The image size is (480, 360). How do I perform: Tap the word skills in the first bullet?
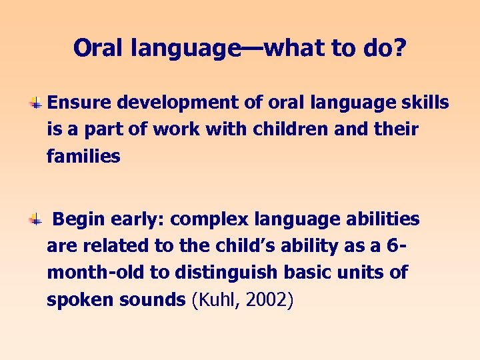[x=425, y=103]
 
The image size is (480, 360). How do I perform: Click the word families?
[x=83, y=157]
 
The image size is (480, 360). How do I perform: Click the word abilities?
[x=383, y=219]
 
